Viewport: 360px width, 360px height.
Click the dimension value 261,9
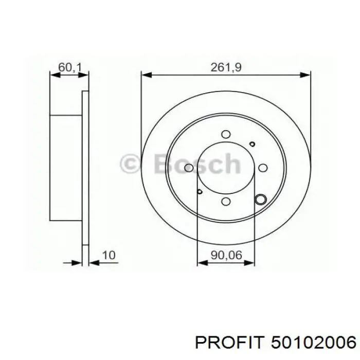pos(226,66)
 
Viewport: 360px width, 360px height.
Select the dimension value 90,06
pos(226,254)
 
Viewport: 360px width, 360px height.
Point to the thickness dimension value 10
pos(109,254)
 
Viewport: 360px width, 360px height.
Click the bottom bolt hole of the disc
pos(225,202)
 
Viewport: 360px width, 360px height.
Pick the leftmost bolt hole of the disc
pos(189,168)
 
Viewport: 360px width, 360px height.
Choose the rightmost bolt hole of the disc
pos(262,168)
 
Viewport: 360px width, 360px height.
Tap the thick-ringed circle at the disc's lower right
pos(261,199)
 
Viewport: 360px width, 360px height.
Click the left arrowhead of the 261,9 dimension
pos(145,76)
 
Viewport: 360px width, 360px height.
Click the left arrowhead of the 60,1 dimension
pos(53,76)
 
